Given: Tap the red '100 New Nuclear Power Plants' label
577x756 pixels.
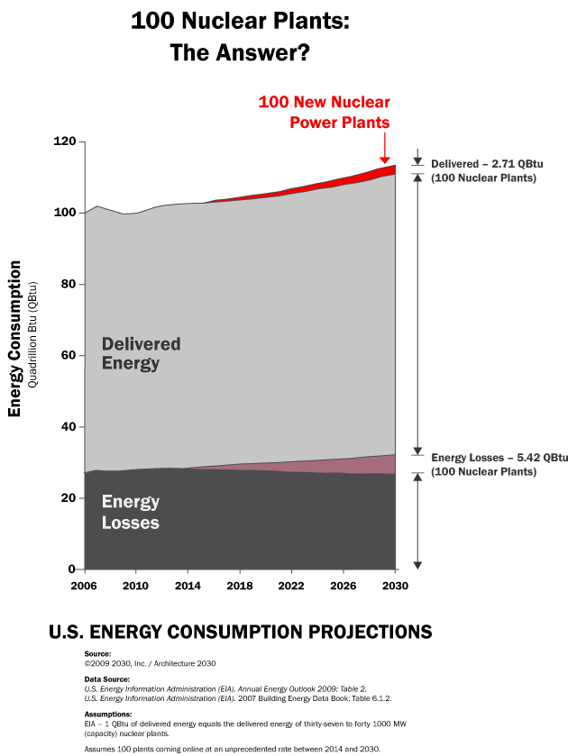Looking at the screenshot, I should click(324, 112).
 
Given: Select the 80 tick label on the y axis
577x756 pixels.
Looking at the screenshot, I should click(66, 285).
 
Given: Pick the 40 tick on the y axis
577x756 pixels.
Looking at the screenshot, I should click(66, 427).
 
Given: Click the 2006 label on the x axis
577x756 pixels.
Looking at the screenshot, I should click(84, 586).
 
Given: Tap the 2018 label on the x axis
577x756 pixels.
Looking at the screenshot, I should click(239, 586).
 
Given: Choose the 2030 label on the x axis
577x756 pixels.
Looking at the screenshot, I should click(395, 586).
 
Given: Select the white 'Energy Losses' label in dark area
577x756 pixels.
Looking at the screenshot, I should click(131, 512).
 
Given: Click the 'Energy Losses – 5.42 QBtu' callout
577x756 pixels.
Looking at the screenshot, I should click(499, 464).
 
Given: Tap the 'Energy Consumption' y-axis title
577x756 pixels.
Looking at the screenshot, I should click(15, 339).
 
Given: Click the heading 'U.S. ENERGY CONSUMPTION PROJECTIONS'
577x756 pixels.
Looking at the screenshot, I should click(240, 631).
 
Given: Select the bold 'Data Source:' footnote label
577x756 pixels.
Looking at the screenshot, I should click(106, 679).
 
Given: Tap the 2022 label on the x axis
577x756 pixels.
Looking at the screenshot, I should click(291, 586).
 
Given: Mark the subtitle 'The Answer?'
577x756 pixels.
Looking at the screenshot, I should click(240, 53).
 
